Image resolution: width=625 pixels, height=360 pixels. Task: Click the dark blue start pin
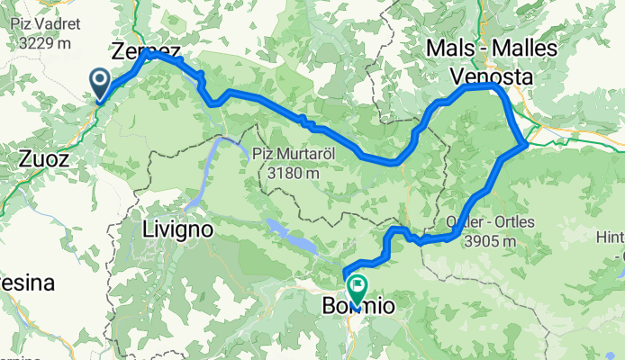pyautogui.click(x=100, y=85)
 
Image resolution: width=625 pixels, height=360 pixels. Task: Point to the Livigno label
pyautogui.click(x=177, y=229)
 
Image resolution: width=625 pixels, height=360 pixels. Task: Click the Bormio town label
pyautogui.click(x=358, y=307)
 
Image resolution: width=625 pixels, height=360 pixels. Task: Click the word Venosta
pyautogui.click(x=492, y=77)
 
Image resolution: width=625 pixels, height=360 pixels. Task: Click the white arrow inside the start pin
pyautogui.click(x=100, y=82)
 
